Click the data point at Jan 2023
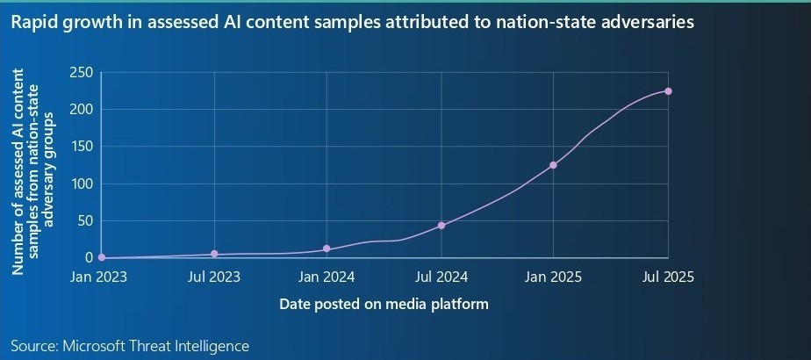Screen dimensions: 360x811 pyautogui.click(x=102, y=258)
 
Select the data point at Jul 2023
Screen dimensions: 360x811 pyautogui.click(x=214, y=254)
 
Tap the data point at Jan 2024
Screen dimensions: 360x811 pyautogui.click(x=327, y=249)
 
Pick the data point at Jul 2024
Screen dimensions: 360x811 pyautogui.click(x=441, y=226)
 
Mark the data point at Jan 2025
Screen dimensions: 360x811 pyautogui.click(x=553, y=165)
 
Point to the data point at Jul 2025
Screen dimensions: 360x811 pyautogui.click(x=668, y=91)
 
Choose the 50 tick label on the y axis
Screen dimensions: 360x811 pyautogui.click(x=84, y=221)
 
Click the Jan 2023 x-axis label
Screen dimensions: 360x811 pyautogui.click(x=98, y=277)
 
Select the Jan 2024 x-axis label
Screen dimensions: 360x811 pyautogui.click(x=327, y=277)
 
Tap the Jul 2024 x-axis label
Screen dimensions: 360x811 pyautogui.click(x=441, y=277)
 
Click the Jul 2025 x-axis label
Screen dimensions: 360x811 pyautogui.click(x=668, y=277)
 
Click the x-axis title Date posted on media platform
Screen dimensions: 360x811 pyautogui.click(x=384, y=305)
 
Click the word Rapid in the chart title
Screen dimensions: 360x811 pyautogui.click(x=32, y=24)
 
